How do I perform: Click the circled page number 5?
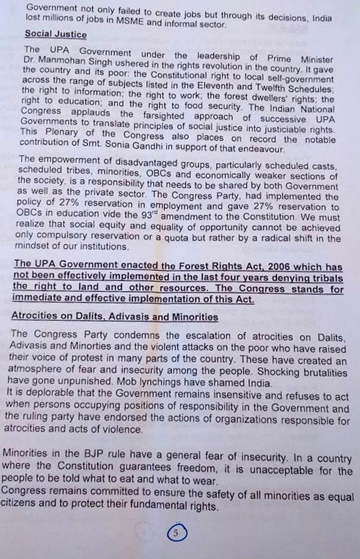(x=176, y=533)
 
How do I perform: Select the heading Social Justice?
(x=56, y=34)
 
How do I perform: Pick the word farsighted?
(x=163, y=116)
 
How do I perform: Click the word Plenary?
(x=62, y=132)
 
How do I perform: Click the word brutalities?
(x=325, y=373)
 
